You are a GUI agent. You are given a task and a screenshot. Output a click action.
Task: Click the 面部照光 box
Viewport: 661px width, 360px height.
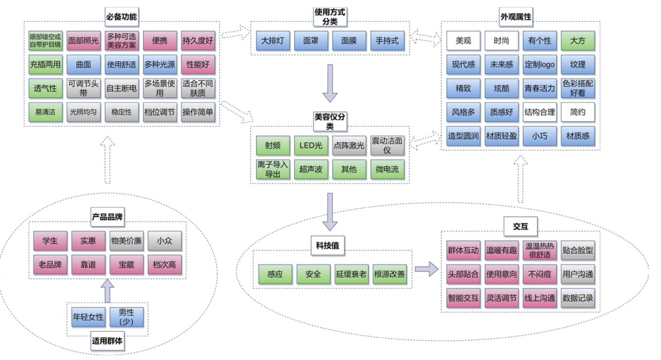[84, 40]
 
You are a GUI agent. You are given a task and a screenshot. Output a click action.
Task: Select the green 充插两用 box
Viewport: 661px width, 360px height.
[45, 65]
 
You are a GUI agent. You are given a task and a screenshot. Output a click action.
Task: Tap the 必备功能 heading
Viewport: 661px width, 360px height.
[121, 16]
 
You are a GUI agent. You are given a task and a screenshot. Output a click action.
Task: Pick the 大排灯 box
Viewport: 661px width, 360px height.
[272, 40]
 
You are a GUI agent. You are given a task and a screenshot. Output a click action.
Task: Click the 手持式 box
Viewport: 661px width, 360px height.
[387, 40]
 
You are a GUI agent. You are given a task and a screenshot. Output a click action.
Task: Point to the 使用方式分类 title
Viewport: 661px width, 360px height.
[330, 17]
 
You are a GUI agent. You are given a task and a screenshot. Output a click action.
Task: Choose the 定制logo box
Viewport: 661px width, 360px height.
[540, 65]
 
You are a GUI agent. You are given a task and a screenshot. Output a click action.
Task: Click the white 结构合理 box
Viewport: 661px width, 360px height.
[540, 112]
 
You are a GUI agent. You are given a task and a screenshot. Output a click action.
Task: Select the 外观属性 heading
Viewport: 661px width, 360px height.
[516, 16]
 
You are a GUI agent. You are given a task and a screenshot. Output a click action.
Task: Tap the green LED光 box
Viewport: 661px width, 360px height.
[311, 146]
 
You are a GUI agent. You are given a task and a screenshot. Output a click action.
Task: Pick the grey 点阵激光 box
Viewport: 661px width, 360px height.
[349, 146]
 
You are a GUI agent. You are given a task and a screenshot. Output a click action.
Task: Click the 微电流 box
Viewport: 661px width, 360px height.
[387, 169]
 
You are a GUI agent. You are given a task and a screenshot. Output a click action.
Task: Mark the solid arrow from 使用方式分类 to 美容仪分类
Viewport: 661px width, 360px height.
[330, 83]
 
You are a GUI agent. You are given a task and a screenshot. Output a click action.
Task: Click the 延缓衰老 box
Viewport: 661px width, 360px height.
[351, 274]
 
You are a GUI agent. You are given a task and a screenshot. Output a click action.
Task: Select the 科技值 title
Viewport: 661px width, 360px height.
[328, 245]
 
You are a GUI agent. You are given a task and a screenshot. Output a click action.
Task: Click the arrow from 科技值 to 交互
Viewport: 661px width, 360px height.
[427, 269]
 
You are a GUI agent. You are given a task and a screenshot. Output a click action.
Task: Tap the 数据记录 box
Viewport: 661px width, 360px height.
[577, 297]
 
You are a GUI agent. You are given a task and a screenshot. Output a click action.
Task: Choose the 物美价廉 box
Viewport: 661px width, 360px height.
[126, 241]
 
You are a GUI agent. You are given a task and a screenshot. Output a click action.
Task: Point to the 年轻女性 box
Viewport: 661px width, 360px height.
[88, 317]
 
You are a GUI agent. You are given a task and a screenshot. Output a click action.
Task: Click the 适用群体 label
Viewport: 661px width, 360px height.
[108, 341]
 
